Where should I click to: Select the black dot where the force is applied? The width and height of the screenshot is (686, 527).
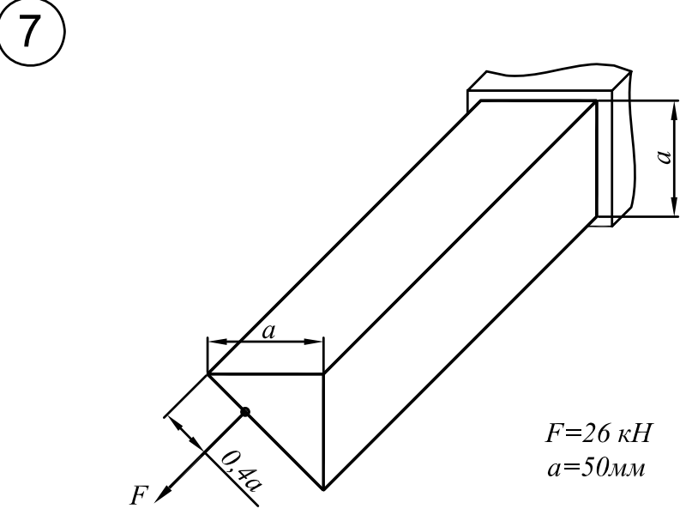click(x=245, y=412)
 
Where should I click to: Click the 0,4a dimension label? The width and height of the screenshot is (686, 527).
click(x=239, y=471)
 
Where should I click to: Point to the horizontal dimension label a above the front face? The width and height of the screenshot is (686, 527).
click(x=267, y=331)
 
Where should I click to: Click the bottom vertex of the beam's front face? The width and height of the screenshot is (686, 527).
click(x=323, y=489)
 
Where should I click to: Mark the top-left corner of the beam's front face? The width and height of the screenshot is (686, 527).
click(x=208, y=374)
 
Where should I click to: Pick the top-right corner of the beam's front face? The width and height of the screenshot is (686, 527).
click(x=323, y=374)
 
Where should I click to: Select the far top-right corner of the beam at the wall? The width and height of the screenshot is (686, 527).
click(x=596, y=101)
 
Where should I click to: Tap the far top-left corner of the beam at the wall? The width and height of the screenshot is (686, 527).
click(x=481, y=101)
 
